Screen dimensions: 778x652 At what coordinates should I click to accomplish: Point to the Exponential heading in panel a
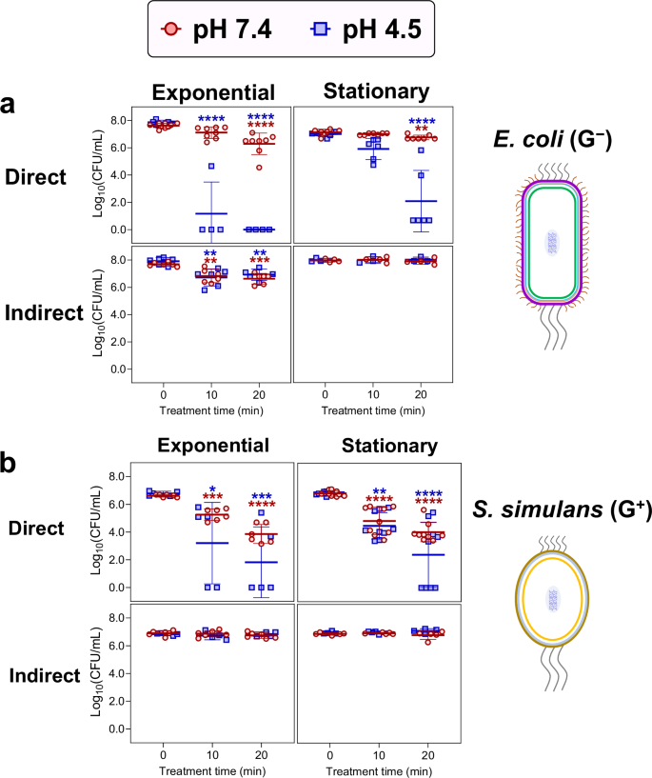pos(214,92)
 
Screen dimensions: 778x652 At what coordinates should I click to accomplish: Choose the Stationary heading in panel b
pos(378,446)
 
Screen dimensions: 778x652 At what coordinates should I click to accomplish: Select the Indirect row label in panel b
pos(45,676)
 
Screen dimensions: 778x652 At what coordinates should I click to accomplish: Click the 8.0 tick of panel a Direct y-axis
pos(114,121)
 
